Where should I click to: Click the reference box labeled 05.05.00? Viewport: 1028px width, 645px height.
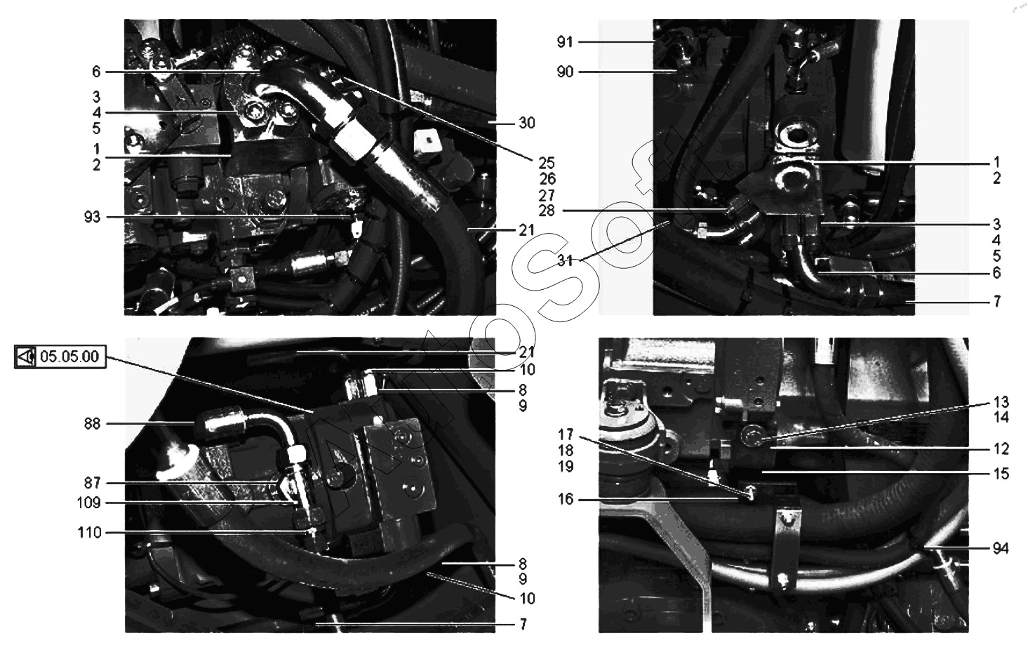pos(60,357)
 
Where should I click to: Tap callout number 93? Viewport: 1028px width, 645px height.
pos(92,217)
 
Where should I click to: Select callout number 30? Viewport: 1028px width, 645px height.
pos(527,123)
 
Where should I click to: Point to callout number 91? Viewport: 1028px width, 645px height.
pos(565,42)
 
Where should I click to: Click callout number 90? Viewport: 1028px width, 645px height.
pos(565,72)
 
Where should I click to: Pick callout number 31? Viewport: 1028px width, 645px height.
pos(565,261)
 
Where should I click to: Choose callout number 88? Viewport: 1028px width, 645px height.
pos(92,424)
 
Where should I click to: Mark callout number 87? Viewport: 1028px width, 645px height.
pos(92,483)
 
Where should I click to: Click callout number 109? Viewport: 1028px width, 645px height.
pos(88,503)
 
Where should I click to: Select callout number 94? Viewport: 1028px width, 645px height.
pos(1001,548)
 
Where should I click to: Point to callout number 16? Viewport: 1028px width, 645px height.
pos(566,499)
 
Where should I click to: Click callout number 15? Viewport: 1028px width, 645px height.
pos(1001,473)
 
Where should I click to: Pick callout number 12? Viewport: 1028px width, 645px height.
pos(1001,448)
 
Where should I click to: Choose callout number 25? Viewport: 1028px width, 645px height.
pos(547,163)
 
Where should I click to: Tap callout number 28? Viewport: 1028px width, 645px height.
pos(547,211)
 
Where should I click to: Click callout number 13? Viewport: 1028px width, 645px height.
pos(1001,402)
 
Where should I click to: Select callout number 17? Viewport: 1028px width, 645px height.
pos(566,434)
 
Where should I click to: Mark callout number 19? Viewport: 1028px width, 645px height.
pos(566,467)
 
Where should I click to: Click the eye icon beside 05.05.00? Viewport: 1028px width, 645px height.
pos(25,357)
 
